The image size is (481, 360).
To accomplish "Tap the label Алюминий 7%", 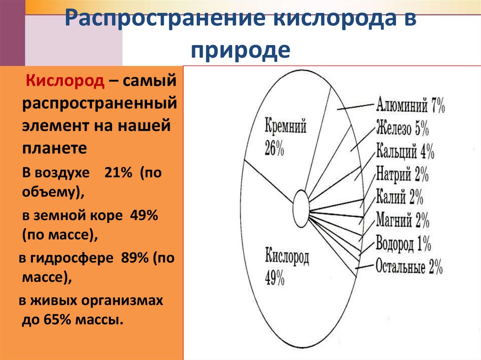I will click(x=410, y=106).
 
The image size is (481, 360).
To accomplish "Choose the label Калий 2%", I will click(x=399, y=197).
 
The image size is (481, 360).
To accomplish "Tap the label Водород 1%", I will click(x=403, y=244).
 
